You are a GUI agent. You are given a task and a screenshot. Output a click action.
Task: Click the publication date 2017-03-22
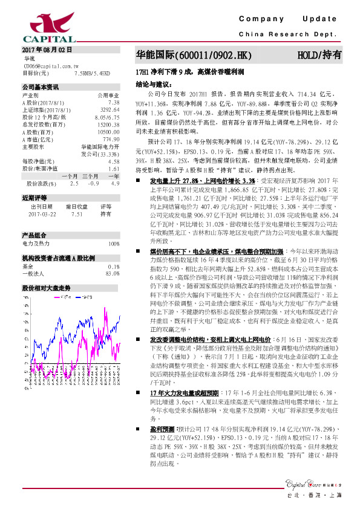[41, 213]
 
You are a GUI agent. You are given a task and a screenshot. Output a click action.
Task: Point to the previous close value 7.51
[77, 213]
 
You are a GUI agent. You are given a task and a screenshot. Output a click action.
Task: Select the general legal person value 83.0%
[111, 273]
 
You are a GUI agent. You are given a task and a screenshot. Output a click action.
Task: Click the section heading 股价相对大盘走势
[46, 288]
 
